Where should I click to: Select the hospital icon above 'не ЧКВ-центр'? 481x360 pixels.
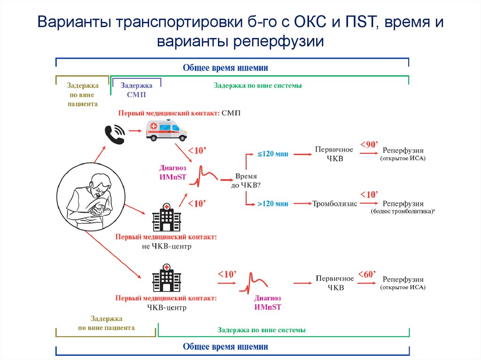click(166, 217)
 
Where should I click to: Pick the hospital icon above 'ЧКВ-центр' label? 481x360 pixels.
click(166, 278)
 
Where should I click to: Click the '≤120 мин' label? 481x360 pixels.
click(272, 154)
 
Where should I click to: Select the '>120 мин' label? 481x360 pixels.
click(272, 203)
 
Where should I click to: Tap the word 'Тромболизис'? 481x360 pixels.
click(335, 204)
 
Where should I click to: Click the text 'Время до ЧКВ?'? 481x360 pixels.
click(246, 181)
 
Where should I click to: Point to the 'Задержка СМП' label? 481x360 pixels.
click(136, 90)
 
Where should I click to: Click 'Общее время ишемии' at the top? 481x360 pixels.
click(225, 68)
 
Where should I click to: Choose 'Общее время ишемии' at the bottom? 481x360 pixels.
click(225, 347)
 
